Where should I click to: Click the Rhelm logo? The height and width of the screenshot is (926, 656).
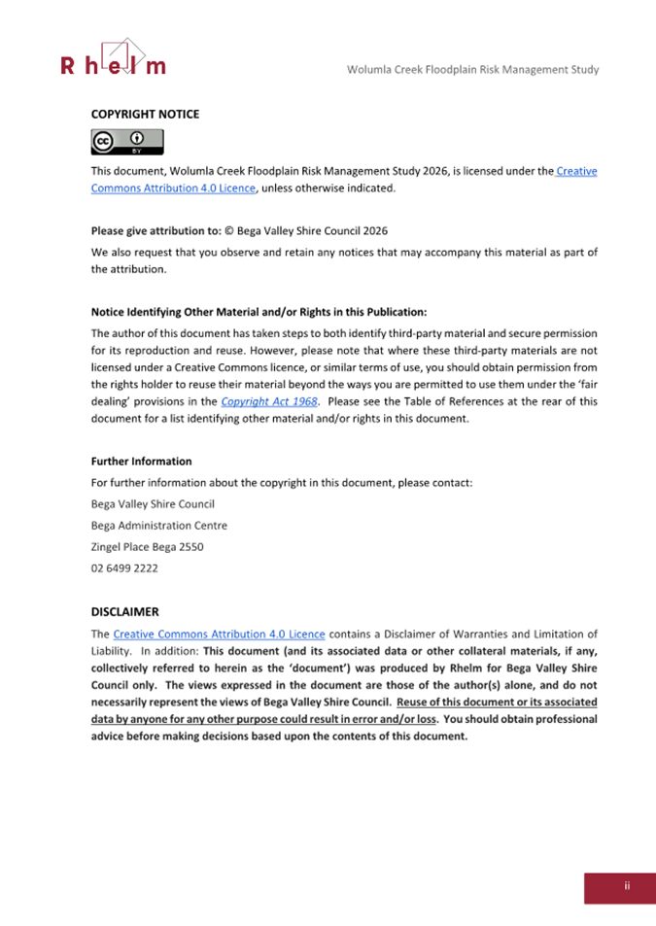click(x=113, y=59)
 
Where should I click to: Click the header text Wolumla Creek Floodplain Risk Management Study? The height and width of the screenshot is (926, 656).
click(x=472, y=69)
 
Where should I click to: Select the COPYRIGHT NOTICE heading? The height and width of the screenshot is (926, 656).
click(x=145, y=115)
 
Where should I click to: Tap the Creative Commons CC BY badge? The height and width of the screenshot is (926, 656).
click(x=126, y=143)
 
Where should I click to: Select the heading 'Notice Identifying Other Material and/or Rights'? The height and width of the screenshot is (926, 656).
click(x=259, y=312)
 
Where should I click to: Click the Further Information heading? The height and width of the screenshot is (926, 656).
click(x=141, y=461)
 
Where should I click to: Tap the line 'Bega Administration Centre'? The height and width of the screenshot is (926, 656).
click(x=158, y=526)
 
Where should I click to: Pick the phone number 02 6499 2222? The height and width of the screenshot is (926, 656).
click(x=124, y=568)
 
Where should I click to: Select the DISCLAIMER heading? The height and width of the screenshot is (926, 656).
click(x=124, y=612)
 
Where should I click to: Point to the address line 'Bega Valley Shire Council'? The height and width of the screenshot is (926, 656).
click(x=153, y=504)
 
